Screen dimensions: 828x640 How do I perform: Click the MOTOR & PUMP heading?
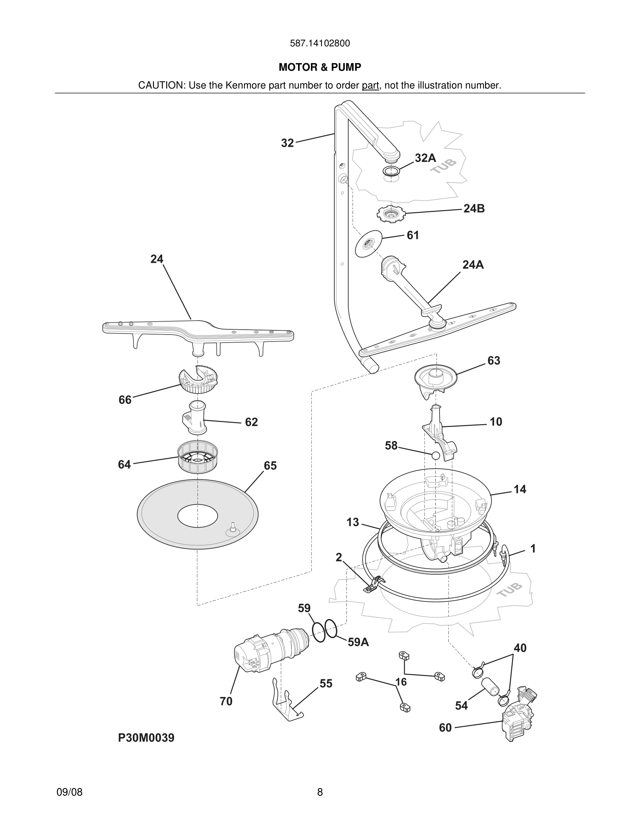[320, 68]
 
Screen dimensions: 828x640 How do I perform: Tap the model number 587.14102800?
[320, 44]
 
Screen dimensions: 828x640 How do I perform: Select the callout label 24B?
[474, 209]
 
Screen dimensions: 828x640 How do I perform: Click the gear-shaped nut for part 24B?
[391, 215]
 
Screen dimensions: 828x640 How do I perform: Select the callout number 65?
[270, 466]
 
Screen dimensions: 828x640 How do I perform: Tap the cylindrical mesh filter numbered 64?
[198, 457]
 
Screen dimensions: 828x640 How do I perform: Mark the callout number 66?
[125, 400]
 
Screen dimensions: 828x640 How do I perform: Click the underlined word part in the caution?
[370, 86]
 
